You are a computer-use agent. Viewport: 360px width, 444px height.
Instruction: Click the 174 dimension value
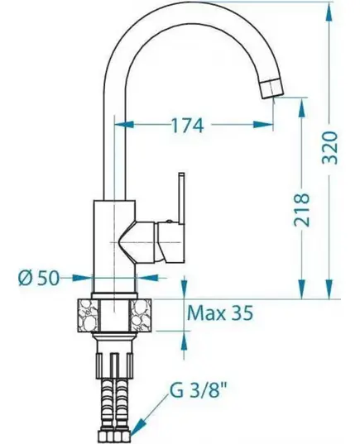point(188,126)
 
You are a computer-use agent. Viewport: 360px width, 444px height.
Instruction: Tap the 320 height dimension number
point(331,147)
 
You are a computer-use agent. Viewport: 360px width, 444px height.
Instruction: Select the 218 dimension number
point(301,209)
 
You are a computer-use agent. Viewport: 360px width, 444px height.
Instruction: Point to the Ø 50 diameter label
point(39,278)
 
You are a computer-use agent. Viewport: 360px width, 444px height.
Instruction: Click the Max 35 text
point(220,313)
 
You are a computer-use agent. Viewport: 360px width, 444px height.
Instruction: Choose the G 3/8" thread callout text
point(199,390)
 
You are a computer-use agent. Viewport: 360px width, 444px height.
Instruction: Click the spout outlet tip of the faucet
point(271,88)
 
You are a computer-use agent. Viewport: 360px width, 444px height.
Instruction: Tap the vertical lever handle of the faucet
point(181,198)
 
